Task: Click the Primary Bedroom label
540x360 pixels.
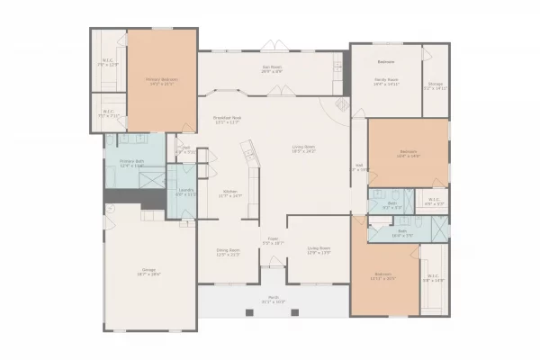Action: point(162,81)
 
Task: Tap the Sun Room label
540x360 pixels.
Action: point(272,68)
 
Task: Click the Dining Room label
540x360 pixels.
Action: point(227,252)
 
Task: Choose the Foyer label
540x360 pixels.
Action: point(273,240)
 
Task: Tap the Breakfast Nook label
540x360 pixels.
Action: point(227,119)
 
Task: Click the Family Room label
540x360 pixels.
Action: point(386,81)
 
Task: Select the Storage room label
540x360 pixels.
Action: point(435,85)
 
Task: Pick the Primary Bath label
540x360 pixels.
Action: point(132,163)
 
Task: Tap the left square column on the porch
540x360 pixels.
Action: point(248,312)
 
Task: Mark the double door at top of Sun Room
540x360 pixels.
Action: point(272,46)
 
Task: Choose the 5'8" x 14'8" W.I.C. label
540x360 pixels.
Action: point(433,278)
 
